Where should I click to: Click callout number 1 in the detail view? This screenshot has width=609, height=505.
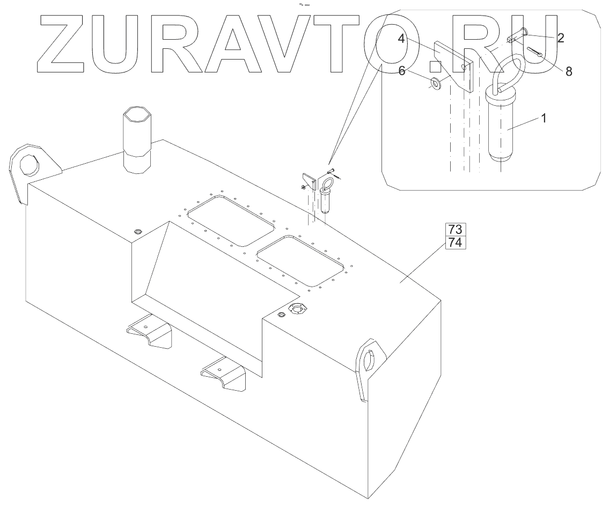point(544,119)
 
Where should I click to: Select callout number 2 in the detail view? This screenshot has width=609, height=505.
point(560,38)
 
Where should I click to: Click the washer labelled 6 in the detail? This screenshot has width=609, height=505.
point(435,84)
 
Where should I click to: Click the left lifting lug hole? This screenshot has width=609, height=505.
point(28,165)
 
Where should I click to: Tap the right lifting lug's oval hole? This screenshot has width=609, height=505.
point(370,360)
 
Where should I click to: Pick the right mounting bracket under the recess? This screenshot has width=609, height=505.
point(224,373)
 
